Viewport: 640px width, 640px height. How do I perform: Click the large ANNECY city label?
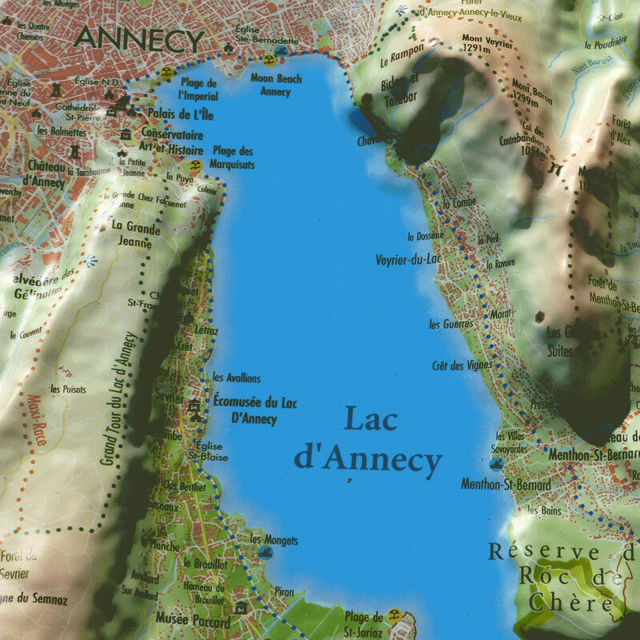click(138, 38)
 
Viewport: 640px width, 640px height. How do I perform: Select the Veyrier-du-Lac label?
click(408, 259)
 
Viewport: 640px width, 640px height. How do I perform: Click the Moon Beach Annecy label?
click(276, 84)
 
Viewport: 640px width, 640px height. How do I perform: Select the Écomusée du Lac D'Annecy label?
click(254, 410)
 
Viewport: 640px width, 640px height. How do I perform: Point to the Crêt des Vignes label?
click(462, 366)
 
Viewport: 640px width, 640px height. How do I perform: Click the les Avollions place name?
click(236, 378)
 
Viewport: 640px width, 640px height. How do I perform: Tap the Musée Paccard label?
click(193, 622)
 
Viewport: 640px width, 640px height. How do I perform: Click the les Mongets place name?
click(274, 540)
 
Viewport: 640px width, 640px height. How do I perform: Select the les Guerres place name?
click(450, 324)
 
